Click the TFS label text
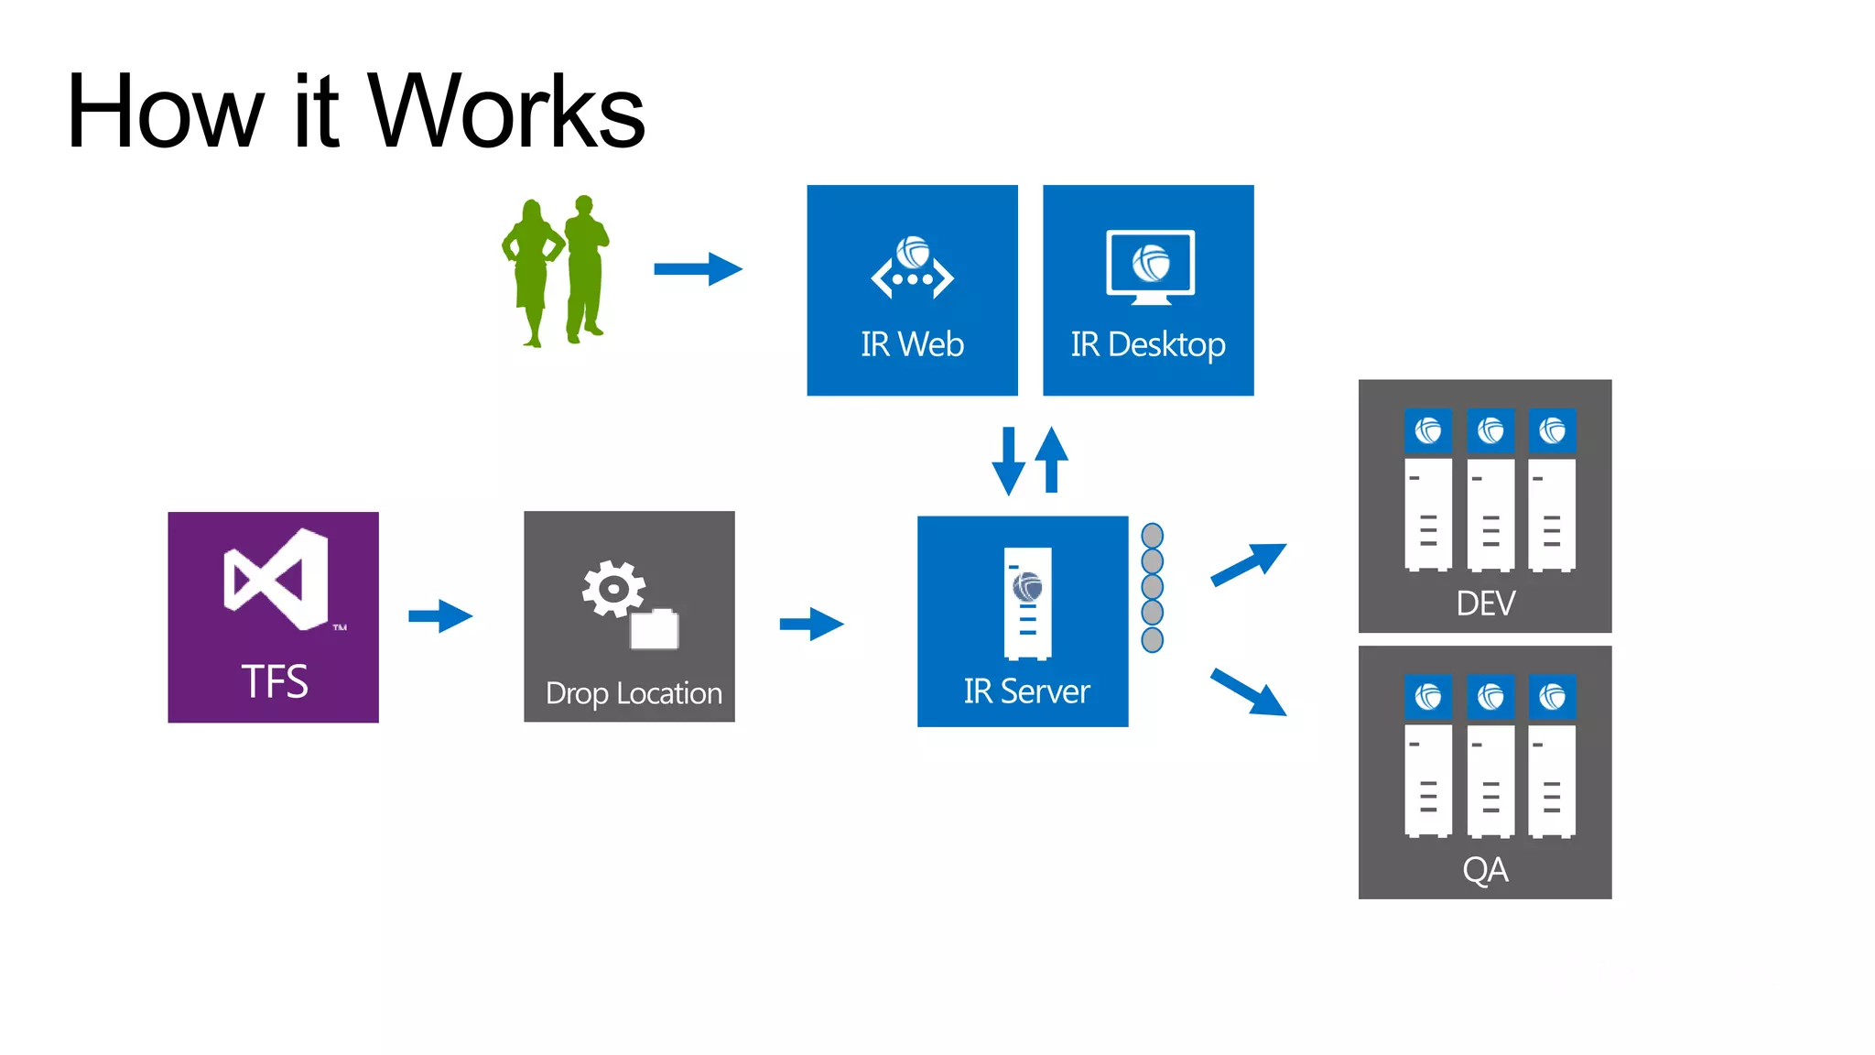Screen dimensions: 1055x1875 pos(274,681)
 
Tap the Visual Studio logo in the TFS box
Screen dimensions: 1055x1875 pos(276,579)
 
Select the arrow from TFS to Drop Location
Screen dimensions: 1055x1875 pos(440,616)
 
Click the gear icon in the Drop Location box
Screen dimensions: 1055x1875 pos(612,588)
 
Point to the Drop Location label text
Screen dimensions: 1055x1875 pos(634,693)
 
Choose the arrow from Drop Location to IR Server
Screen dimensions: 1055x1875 pos(811,624)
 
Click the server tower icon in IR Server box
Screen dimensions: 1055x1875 pos(1027,603)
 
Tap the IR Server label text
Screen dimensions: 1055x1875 pos(1026,691)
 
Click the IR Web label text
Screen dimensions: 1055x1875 pos(912,344)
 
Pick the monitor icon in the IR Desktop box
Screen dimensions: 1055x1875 pos(1150,266)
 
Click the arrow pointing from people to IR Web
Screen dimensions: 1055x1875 pos(698,269)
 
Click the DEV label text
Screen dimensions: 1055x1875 pos(1485,604)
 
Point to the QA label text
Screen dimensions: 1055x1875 pos(1485,869)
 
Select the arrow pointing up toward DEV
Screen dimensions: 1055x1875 pos(1249,564)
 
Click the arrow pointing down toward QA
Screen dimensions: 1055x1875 pos(1249,691)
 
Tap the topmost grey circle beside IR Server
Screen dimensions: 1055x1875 pos(1153,536)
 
